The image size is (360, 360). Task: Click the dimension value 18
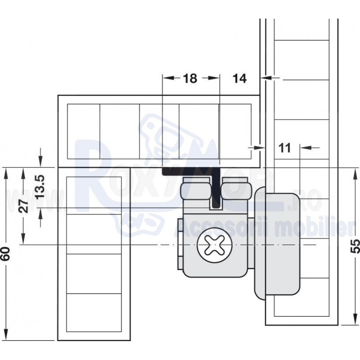click(190, 78)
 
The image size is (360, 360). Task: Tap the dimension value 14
click(239, 78)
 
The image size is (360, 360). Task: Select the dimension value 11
click(284, 148)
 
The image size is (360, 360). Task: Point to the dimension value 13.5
click(40, 186)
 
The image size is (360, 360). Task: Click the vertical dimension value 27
click(23, 206)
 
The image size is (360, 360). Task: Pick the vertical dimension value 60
click(5, 253)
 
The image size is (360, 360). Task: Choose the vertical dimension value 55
click(355, 246)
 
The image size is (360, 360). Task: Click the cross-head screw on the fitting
click(215, 245)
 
